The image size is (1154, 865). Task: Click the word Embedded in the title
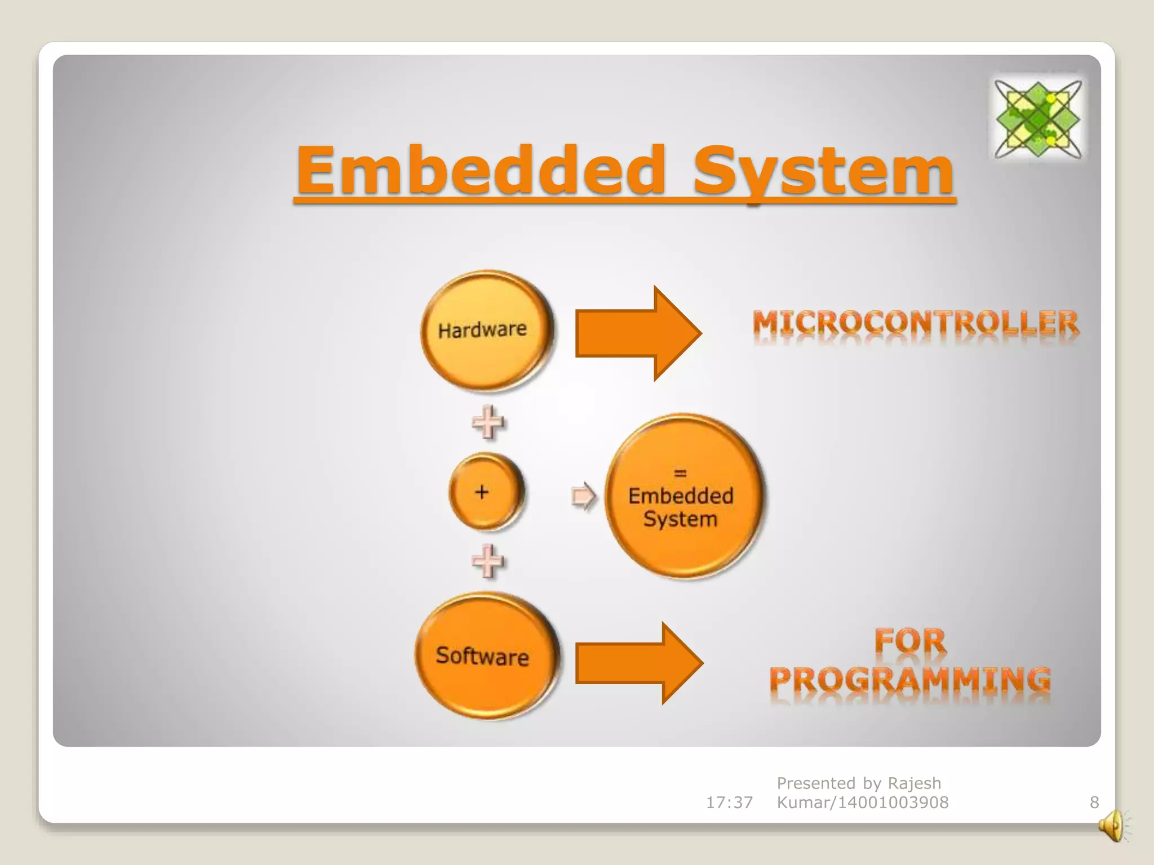point(482,170)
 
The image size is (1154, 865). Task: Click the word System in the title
point(823,170)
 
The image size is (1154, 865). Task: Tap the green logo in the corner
point(1037,118)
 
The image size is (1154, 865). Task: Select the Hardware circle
point(485,331)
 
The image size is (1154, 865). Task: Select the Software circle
point(485,656)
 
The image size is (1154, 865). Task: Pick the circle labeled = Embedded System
point(682,496)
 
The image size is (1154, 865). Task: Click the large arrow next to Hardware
point(637,333)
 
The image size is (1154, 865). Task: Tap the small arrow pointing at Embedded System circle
point(583,496)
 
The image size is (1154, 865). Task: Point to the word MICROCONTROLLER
point(916,324)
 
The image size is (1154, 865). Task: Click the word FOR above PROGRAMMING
point(910,641)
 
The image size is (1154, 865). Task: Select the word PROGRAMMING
point(910,680)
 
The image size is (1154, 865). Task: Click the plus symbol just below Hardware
point(487,422)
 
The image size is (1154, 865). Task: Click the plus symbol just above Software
point(487,560)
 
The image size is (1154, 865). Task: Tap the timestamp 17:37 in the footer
point(729,802)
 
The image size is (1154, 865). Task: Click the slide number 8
point(1094,802)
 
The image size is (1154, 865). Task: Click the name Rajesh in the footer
point(914,783)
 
